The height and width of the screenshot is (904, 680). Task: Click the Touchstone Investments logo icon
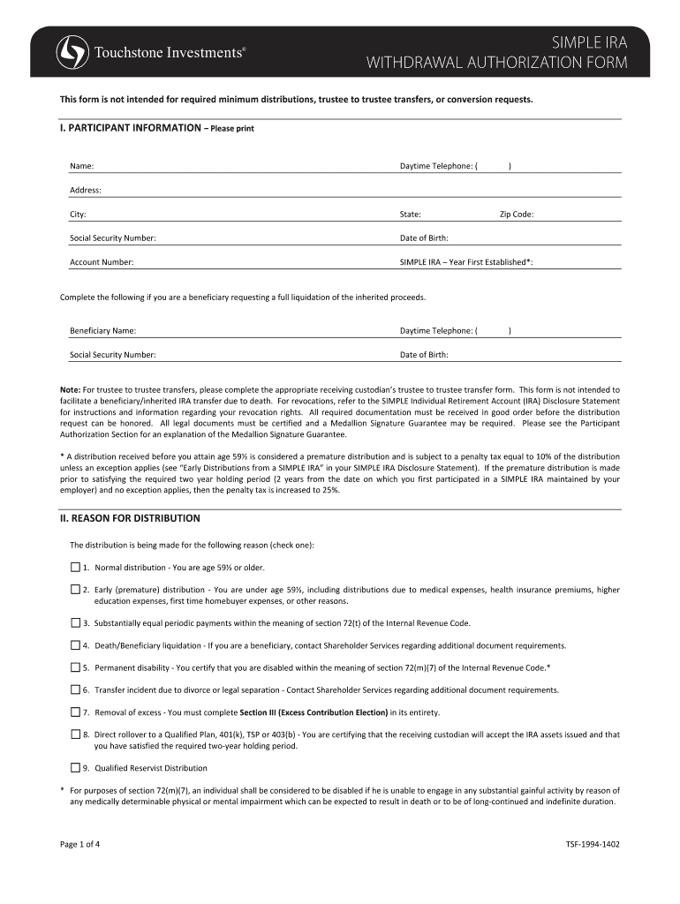[x=72, y=52]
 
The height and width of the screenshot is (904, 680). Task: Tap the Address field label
[x=86, y=190]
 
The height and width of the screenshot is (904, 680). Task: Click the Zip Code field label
[x=517, y=215]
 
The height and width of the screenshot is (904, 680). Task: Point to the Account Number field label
[x=102, y=262]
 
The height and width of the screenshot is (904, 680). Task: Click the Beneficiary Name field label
[x=102, y=331]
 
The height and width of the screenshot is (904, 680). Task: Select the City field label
[x=78, y=215]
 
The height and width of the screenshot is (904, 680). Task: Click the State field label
[x=410, y=215]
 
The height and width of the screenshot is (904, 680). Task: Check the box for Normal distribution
[x=75, y=567]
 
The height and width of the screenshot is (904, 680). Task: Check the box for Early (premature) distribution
[x=75, y=589]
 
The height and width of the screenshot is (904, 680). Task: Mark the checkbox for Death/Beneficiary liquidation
[x=75, y=645]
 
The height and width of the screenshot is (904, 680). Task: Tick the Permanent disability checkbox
[x=75, y=667]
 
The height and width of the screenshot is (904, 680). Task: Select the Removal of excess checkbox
[x=75, y=712]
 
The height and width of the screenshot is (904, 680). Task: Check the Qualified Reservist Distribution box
[x=75, y=768]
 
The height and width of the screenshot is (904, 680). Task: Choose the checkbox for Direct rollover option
[x=75, y=734]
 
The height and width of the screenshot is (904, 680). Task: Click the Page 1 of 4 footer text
[x=79, y=844]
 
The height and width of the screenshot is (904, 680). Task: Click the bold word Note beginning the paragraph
[x=70, y=389]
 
